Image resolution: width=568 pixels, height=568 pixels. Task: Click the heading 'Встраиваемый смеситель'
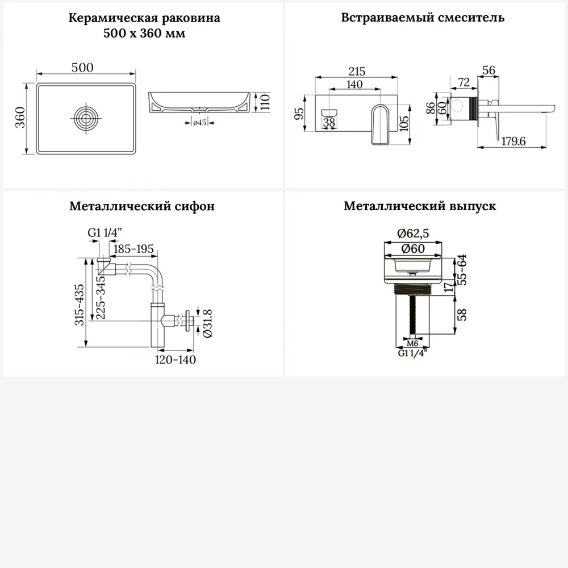(423, 18)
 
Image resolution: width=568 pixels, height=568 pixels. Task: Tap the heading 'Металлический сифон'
(142, 206)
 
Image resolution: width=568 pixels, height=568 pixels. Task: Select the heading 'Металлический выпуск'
(420, 206)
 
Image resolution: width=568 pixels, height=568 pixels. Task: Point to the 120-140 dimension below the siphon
(176, 360)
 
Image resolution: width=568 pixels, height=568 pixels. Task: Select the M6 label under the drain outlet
(413, 344)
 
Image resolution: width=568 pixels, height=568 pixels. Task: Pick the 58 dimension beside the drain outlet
(462, 314)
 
